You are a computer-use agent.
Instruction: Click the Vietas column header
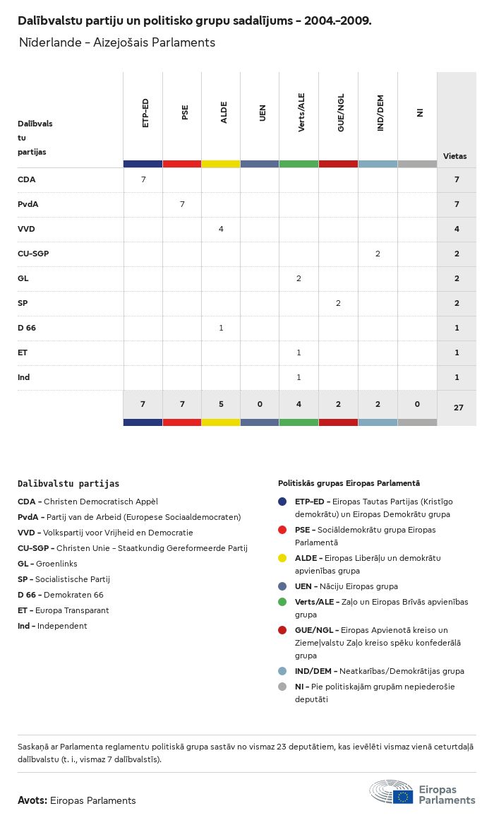(x=454, y=156)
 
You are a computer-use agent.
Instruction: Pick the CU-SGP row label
(x=33, y=254)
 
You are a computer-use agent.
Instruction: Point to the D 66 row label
(x=27, y=328)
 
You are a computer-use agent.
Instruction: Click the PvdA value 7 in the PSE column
(x=182, y=204)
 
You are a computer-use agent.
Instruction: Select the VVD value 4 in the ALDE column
(x=221, y=229)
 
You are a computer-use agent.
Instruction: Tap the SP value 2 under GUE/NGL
(x=338, y=303)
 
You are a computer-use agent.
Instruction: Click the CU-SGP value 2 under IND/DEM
(x=378, y=254)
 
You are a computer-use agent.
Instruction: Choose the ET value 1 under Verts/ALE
(x=299, y=352)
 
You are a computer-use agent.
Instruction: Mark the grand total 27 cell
(x=458, y=407)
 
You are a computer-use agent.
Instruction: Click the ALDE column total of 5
(x=221, y=404)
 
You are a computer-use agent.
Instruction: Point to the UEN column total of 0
(x=260, y=404)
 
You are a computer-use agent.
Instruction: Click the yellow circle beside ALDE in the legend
(x=282, y=558)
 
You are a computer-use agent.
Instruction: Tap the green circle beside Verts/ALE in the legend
(x=282, y=602)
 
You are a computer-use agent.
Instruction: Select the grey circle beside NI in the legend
(x=282, y=687)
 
